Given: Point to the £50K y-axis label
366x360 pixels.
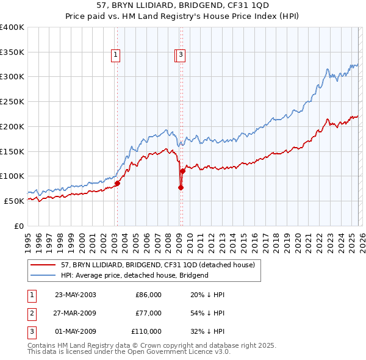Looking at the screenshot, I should [x=14, y=201].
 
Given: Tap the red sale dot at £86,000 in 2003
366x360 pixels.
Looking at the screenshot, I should [x=118, y=182].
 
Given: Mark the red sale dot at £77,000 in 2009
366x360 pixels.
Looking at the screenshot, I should [x=181, y=187].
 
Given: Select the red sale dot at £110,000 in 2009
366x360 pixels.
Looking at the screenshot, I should [x=182, y=171].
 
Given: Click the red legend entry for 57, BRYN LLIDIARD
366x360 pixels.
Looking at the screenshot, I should [x=161, y=265].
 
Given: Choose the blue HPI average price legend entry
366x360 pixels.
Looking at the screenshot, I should [x=134, y=275].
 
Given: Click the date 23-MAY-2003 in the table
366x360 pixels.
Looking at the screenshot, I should [x=75, y=295].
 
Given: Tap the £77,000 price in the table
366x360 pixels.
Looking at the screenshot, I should [x=148, y=313].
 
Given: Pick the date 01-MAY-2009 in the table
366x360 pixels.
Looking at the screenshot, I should [x=75, y=331].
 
